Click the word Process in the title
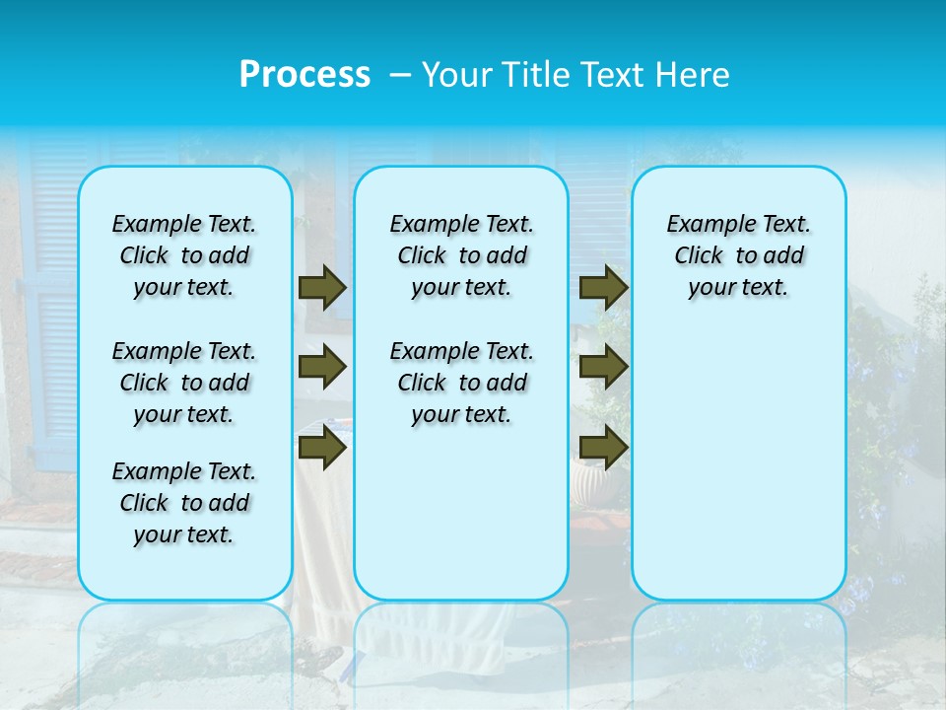click(304, 74)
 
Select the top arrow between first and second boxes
click(322, 287)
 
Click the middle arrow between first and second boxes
click(322, 367)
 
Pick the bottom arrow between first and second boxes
click(322, 448)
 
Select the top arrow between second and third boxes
click(604, 287)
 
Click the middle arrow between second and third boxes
click(604, 367)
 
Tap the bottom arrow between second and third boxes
click(604, 448)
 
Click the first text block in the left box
click(184, 255)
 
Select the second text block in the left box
click(184, 383)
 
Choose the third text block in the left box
click(184, 503)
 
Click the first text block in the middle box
click(462, 255)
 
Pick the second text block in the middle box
click(462, 383)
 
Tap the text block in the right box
click(739, 255)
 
